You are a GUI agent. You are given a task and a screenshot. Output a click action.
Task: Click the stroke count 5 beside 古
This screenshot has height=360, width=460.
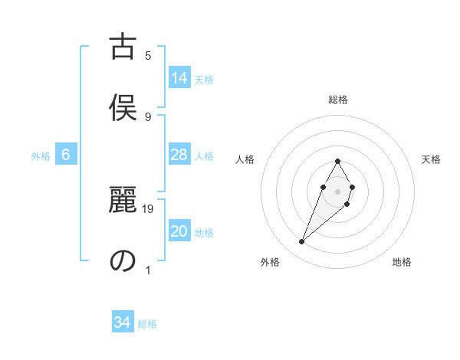pyautogui.click(x=148, y=55)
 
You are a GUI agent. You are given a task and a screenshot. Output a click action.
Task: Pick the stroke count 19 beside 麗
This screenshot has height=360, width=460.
pyautogui.click(x=149, y=208)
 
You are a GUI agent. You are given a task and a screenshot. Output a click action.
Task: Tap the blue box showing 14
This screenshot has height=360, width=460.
pyautogui.click(x=179, y=78)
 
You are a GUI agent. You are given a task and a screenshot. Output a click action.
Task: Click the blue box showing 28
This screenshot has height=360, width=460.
pyautogui.click(x=179, y=155)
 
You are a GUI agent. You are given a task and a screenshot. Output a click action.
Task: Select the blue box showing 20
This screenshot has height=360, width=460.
pyautogui.click(x=179, y=232)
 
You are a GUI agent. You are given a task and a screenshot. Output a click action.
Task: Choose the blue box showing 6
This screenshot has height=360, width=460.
pyautogui.click(x=66, y=155)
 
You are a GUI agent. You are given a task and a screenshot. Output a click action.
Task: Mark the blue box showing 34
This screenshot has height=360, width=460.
pyautogui.click(x=123, y=322)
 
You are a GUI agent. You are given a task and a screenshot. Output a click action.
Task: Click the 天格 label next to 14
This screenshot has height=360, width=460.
pyautogui.click(x=204, y=80)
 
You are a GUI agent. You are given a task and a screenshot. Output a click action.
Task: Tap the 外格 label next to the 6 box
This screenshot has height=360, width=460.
pyautogui.click(x=41, y=156)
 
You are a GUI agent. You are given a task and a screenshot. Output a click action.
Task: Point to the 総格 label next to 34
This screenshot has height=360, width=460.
pyautogui.click(x=147, y=324)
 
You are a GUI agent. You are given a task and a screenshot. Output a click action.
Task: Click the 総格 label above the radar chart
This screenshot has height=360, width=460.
pyautogui.click(x=338, y=100)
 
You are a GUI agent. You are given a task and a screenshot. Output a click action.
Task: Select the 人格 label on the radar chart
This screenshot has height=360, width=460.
pyautogui.click(x=245, y=159)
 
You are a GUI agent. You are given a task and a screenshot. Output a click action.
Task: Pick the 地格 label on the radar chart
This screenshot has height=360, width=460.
pyautogui.click(x=402, y=262)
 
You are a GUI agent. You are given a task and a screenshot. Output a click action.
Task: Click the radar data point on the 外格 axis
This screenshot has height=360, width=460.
pyautogui.click(x=302, y=242)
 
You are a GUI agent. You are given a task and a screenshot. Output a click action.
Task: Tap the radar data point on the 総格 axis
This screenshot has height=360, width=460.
pyautogui.click(x=338, y=161)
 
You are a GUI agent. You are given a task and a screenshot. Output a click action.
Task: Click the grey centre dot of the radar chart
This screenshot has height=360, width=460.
pyautogui.click(x=338, y=190)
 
